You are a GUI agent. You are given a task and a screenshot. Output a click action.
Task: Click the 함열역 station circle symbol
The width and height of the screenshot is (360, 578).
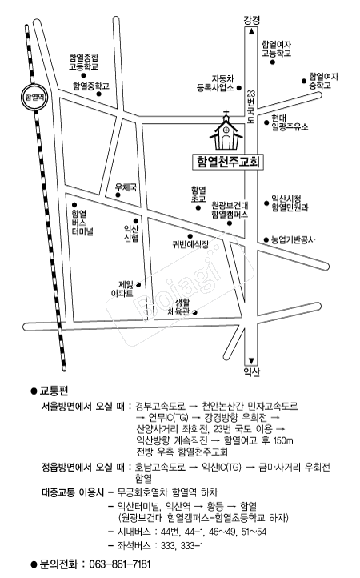pyautogui.click(x=34, y=98)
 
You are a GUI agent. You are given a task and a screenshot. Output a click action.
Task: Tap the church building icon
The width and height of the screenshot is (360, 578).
pyautogui.click(x=226, y=130)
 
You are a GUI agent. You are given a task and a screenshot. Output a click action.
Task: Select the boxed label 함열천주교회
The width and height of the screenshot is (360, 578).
pyautogui.click(x=228, y=162)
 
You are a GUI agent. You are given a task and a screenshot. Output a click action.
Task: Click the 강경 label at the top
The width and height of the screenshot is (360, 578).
pyautogui.click(x=252, y=20)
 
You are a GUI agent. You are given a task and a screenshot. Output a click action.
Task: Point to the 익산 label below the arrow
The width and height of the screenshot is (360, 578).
pyautogui.click(x=252, y=371)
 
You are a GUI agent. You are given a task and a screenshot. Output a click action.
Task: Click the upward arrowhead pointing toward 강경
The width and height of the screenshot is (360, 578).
pyautogui.click(x=251, y=32)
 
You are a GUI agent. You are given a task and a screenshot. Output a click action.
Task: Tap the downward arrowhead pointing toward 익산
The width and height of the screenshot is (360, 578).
pyautogui.click(x=251, y=361)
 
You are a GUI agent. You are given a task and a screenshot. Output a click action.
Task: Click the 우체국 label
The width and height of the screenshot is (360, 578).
pyautogui.click(x=126, y=187)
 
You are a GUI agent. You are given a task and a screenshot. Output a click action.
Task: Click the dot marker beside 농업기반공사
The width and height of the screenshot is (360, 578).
pyautogui.click(x=266, y=240)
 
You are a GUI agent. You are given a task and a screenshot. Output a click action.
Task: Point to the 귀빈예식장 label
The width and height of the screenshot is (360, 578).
pyautogui.click(x=190, y=244)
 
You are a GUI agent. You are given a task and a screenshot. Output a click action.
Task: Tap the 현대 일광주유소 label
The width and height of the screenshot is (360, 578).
pyautogui.click(x=290, y=122)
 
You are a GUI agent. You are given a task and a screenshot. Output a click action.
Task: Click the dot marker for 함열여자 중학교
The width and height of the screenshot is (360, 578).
pyautogui.click(x=304, y=81)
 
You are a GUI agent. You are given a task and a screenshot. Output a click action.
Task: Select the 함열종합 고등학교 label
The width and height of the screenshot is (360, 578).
pyautogui.click(x=84, y=62)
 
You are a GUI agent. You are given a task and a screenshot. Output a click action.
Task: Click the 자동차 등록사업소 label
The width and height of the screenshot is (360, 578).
pyautogui.click(x=215, y=83)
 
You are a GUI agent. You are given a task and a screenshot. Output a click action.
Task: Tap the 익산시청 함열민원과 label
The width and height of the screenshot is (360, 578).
pyautogui.click(x=290, y=203)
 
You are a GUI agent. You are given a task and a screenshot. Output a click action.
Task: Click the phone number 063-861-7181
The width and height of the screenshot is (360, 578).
pyautogui.click(x=120, y=564)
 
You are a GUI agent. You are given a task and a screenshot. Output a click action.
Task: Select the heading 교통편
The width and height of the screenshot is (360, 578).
pyautogui.click(x=54, y=391)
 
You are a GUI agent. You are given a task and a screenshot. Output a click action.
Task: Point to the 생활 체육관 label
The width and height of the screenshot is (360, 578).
pyautogui.click(x=178, y=307)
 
